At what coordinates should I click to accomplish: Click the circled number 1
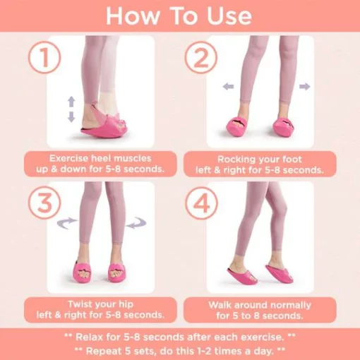pos(44,58)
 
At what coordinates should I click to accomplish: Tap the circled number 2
pos(200,58)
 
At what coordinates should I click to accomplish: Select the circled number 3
pos(44,203)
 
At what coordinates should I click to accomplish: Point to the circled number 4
pos(201,203)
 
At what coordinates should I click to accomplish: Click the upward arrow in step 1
pos(71,102)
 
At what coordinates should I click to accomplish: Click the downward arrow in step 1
pos(71,116)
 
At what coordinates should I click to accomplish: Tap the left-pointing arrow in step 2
pos(228,86)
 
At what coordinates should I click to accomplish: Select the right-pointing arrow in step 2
pos(305,86)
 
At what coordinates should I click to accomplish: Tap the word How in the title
pos(133,16)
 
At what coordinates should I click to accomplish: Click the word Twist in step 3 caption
pos(80,304)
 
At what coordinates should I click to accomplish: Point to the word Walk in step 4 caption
pos(220,305)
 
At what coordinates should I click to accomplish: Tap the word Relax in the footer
pos(89,337)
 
